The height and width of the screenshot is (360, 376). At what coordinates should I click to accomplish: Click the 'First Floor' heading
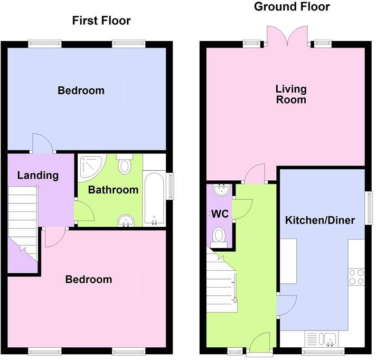point(101,21)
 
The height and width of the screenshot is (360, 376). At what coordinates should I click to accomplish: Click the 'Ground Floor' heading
point(292,6)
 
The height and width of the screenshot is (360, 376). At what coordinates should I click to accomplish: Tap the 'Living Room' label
point(291,94)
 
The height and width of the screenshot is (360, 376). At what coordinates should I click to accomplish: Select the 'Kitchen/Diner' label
point(320,220)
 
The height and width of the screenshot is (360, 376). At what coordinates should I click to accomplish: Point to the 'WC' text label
point(219,214)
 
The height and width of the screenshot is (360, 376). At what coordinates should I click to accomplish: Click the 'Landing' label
point(37,175)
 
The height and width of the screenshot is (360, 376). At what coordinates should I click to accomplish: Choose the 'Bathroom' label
point(113,190)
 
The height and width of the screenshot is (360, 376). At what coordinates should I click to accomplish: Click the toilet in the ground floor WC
point(219,237)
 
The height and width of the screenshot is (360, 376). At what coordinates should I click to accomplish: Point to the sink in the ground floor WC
point(221,189)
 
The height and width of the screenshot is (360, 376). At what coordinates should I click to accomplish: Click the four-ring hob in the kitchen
point(356,276)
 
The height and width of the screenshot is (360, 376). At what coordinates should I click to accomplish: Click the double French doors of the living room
point(285,37)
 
